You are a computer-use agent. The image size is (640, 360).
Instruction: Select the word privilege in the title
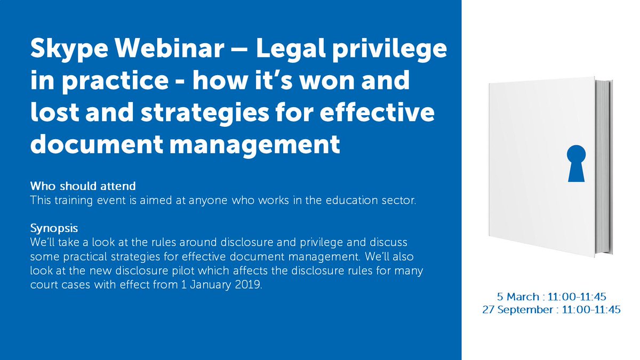click(x=393, y=51)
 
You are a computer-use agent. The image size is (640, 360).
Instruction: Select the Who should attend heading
click(x=83, y=186)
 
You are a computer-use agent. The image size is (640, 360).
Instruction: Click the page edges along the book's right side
click(x=605, y=160)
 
